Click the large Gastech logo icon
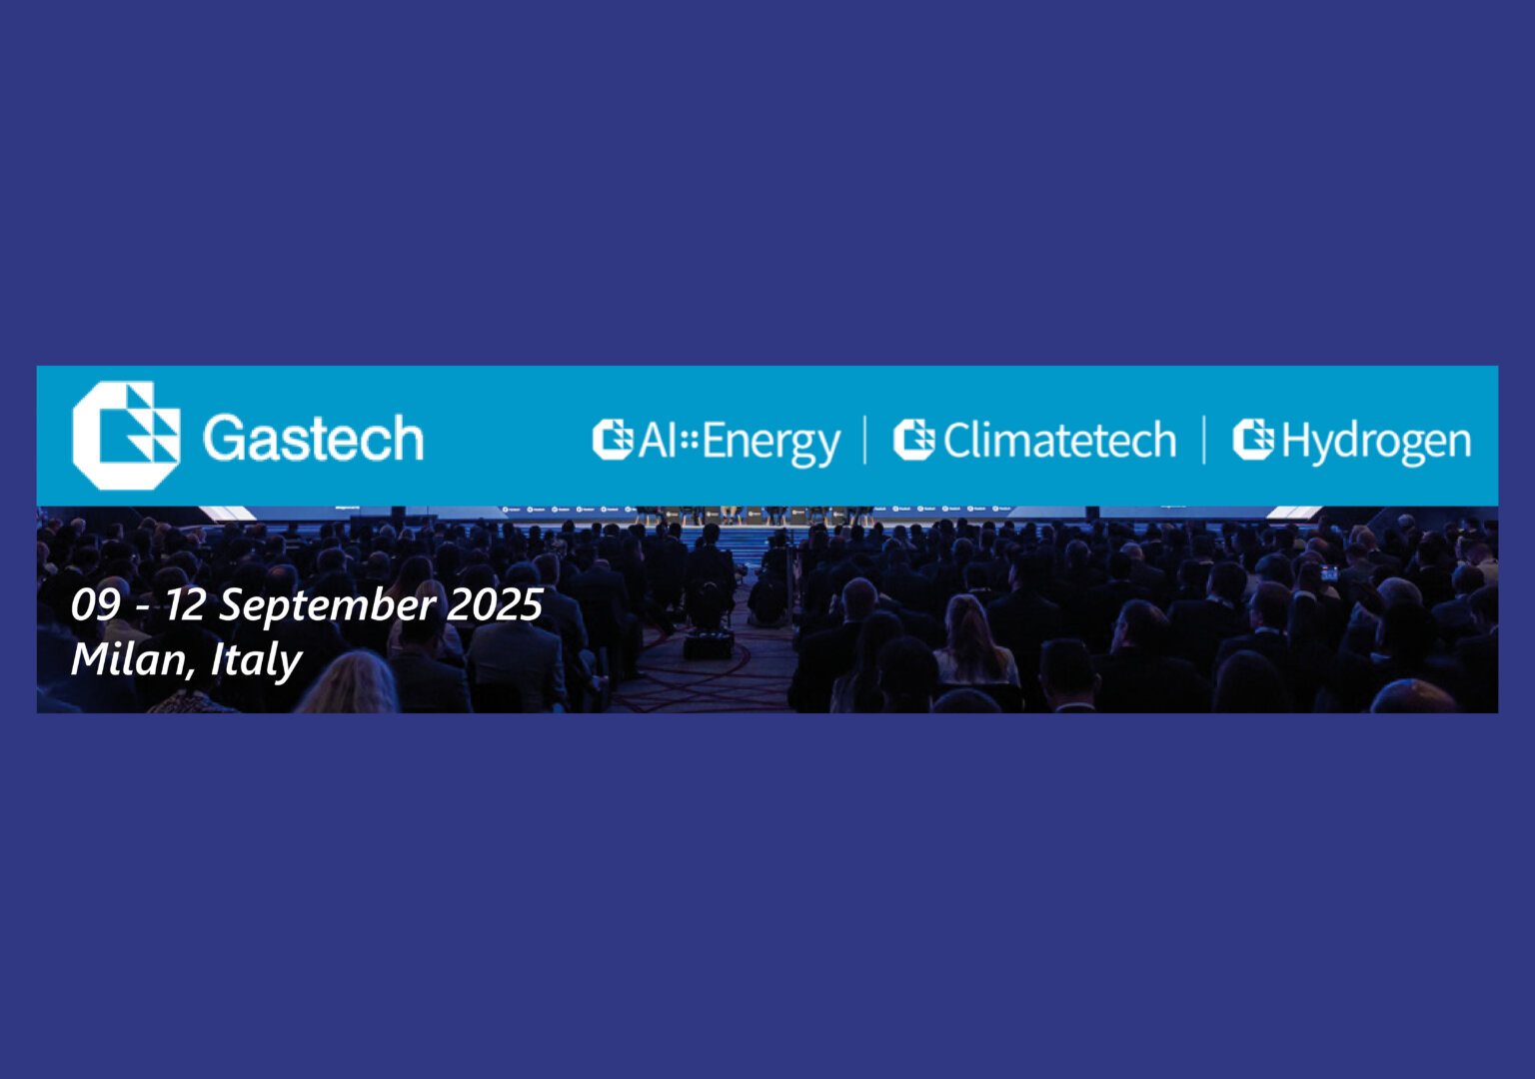[x=126, y=436]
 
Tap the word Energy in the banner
[x=770, y=443]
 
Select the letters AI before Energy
[x=658, y=440]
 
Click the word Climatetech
[x=1059, y=440]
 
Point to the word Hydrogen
[x=1376, y=442]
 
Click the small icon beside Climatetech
[x=913, y=440]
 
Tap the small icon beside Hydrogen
[x=1253, y=440]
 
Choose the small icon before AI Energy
[x=613, y=440]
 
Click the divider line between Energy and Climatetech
[x=865, y=440]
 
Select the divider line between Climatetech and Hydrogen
[x=1204, y=440]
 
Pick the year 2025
[x=495, y=604]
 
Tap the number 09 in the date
[x=96, y=604]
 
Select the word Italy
[x=256, y=661]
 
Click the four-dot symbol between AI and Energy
[x=690, y=440]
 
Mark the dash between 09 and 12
[x=143, y=608]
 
